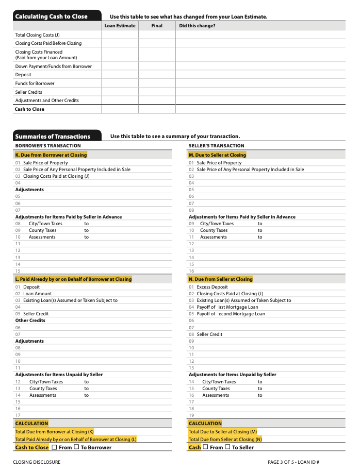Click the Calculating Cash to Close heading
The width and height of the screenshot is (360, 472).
pos(52,16)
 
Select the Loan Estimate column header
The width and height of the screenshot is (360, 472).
pos(120,26)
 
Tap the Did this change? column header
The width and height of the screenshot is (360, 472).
pos(197,26)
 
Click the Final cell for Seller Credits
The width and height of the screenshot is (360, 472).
pos(157,92)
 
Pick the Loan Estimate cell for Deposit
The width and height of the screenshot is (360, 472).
pos(120,75)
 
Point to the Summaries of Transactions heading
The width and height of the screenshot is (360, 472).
pos(53,137)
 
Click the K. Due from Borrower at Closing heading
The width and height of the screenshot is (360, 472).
pos(51,155)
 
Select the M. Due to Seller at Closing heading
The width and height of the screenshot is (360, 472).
pos(217,155)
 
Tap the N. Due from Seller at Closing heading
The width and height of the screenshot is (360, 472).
pos(220,279)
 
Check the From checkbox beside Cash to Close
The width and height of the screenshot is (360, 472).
pos(54,447)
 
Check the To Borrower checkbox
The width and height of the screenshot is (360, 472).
pos(76,447)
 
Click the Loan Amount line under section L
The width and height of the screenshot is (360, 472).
pos(37,294)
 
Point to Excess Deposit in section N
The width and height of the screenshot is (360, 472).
pos(212,287)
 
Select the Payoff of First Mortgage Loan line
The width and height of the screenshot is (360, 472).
pos(227,307)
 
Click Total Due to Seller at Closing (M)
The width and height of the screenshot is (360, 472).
pos(222,432)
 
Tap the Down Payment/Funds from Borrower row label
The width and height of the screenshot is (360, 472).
pos(53,66)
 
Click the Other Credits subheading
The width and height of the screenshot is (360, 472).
pos(30,321)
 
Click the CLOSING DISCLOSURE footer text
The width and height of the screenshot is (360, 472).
pos(37,462)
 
